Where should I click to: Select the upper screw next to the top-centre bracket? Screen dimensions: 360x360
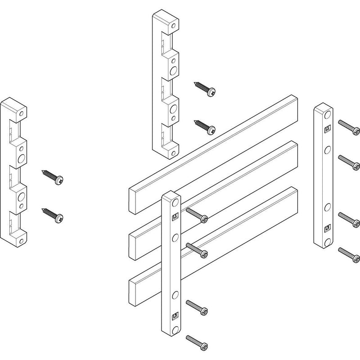click(205, 88)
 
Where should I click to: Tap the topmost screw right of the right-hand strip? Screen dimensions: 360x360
click(348, 127)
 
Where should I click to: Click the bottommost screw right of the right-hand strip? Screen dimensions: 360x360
click(348, 255)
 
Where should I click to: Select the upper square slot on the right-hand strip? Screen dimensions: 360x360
click(328, 128)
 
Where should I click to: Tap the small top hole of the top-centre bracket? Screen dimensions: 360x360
click(174, 26)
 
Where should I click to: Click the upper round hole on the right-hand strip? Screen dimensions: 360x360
click(328, 148)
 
